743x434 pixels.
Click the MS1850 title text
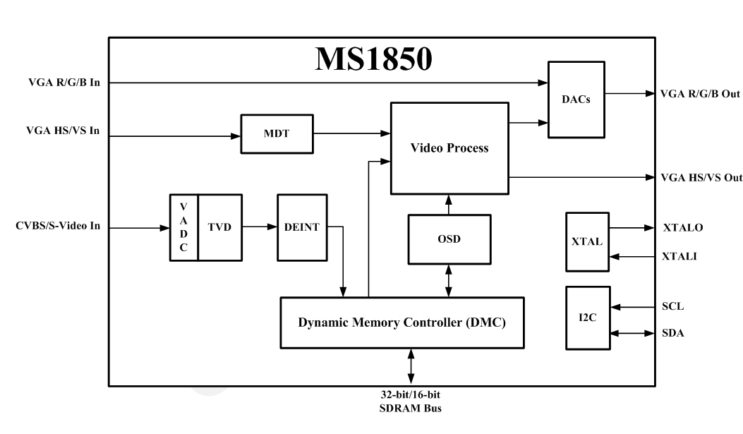click(373, 59)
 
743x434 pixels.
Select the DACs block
click(576, 99)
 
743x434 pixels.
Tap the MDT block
click(277, 133)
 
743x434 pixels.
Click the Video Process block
click(449, 148)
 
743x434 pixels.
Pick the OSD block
click(449, 239)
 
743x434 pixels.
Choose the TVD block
click(219, 227)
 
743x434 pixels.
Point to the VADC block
click(183, 227)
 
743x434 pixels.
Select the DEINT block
click(301, 227)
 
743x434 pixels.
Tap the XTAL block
click(586, 241)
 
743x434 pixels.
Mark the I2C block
click(586, 318)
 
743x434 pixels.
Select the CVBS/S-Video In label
click(58, 227)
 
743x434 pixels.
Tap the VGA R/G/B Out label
click(700, 94)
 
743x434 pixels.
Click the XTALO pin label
click(682, 228)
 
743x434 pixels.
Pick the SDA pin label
click(672, 332)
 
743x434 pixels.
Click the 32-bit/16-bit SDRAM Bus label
click(411, 401)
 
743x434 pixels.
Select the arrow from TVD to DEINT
click(259, 227)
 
